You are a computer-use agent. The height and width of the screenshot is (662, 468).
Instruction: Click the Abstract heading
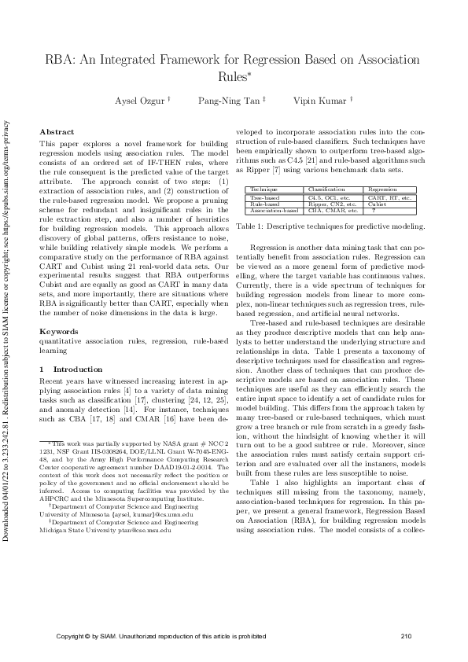tap(57, 132)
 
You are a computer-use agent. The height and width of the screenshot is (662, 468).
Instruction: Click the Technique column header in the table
tap(263, 190)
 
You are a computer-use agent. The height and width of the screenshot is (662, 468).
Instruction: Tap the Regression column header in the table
tap(382, 190)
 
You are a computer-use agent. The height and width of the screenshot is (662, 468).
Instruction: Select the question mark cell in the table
tap(373, 211)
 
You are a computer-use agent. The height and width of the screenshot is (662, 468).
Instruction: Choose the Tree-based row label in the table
tap(263, 198)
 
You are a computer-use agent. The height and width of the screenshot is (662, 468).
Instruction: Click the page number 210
tap(406, 636)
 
